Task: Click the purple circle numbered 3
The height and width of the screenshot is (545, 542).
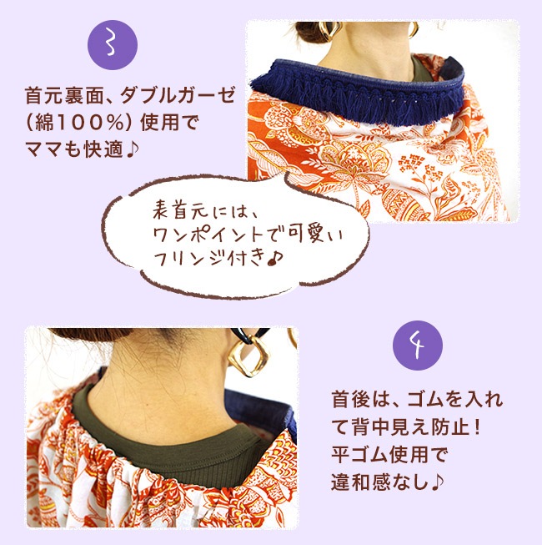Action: [113, 45]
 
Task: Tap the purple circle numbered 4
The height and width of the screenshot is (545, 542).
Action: [418, 346]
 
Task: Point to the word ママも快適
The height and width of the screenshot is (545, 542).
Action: [74, 149]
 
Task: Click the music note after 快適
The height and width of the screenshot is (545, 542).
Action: [132, 149]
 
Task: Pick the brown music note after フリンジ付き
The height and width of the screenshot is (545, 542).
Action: [276, 259]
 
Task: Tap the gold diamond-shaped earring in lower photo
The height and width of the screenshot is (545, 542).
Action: [249, 359]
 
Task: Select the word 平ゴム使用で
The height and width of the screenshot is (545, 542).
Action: [389, 455]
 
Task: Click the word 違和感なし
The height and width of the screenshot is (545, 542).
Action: [379, 482]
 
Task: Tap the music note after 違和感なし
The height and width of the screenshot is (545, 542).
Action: [437, 482]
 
